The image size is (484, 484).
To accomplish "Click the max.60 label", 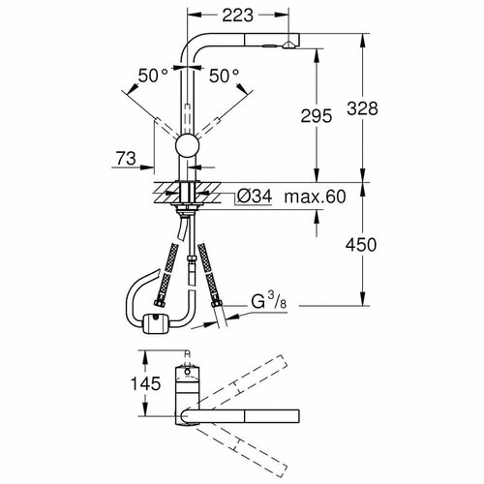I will [315, 197].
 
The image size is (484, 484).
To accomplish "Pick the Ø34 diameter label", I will [255, 197].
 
